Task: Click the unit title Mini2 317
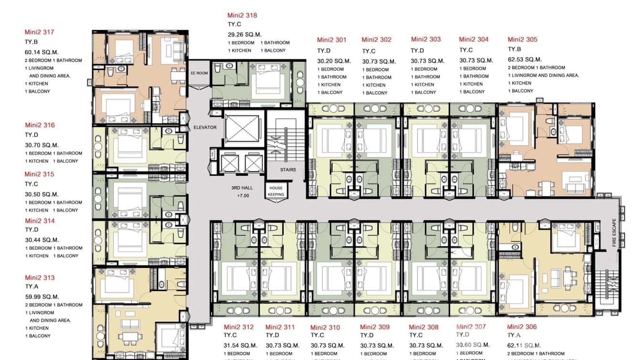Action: pyautogui.click(x=40, y=32)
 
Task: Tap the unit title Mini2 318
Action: pyautogui.click(x=242, y=15)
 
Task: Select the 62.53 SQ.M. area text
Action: pyautogui.click(x=524, y=60)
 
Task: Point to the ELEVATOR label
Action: pyautogui.click(x=205, y=127)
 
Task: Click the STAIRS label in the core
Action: pyautogui.click(x=288, y=169)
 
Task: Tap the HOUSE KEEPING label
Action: pyautogui.click(x=276, y=191)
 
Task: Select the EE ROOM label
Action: pyautogui.click(x=199, y=73)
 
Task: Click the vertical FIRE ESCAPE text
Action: pyautogui.click(x=615, y=233)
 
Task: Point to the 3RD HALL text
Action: pyautogui.click(x=242, y=188)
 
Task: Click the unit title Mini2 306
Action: pyautogui.click(x=522, y=327)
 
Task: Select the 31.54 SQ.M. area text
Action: pyautogui.click(x=241, y=345)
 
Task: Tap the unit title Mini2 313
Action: pyautogui.click(x=40, y=278)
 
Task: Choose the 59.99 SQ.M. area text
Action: pyautogui.click(x=42, y=296)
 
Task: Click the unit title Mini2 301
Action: pyautogui.click(x=331, y=40)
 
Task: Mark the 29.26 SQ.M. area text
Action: pyautogui.click(x=245, y=34)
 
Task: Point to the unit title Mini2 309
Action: pyautogui.click(x=374, y=327)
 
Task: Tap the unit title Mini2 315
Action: pyautogui.click(x=40, y=174)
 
